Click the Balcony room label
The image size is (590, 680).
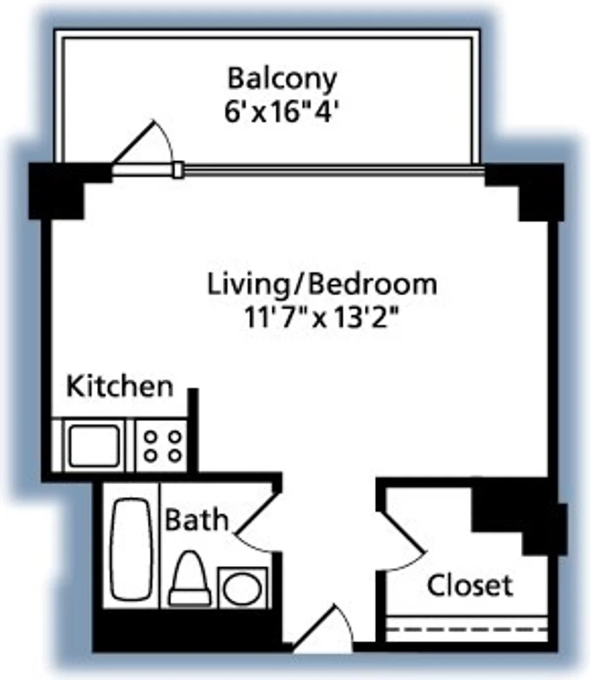(282, 79)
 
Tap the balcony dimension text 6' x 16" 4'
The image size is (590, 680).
(281, 113)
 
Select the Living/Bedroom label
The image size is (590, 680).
(322, 285)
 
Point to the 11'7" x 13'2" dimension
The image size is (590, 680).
(321, 319)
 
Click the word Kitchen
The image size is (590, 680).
(120, 387)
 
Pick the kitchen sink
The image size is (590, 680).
(94, 446)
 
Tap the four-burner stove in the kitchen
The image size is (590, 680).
(162, 446)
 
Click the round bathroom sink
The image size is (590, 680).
(243, 587)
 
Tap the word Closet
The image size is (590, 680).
(470, 586)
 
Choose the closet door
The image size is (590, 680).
(402, 533)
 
